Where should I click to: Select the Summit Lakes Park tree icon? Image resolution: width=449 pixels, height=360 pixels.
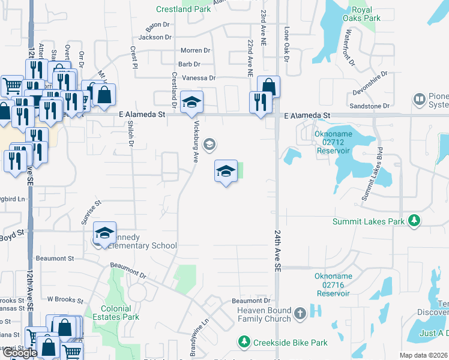[x=414, y=221]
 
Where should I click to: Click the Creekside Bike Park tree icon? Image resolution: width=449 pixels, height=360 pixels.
[x=244, y=342]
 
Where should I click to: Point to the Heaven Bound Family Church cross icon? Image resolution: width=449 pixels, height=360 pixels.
[x=300, y=313]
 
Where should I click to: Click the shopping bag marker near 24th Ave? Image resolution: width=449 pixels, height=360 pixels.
[x=269, y=87]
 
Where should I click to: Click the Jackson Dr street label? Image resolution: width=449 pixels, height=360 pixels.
[x=155, y=37]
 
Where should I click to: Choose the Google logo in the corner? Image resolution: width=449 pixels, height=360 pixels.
[x=19, y=353]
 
